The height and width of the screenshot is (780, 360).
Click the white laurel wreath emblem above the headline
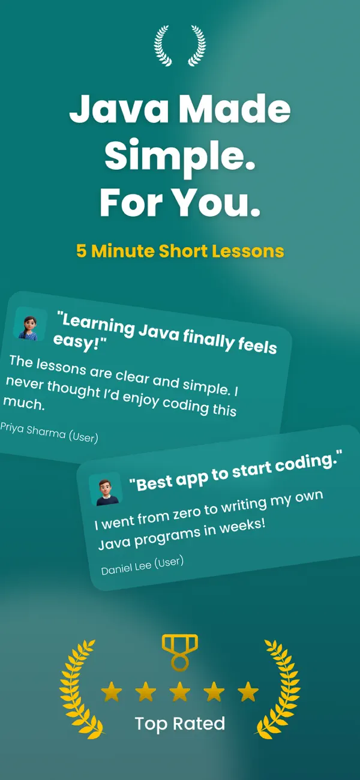pos(180,46)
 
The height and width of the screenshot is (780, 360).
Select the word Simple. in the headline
pos(180,156)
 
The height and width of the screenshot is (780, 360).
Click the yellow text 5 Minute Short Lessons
pos(180,251)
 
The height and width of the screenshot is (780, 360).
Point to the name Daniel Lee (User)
pos(142,565)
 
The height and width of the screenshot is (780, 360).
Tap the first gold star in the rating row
pos(111,692)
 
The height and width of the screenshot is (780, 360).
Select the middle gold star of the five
pos(179,692)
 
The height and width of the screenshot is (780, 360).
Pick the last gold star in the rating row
pos(248,692)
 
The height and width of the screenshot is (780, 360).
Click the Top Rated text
pos(180,723)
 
